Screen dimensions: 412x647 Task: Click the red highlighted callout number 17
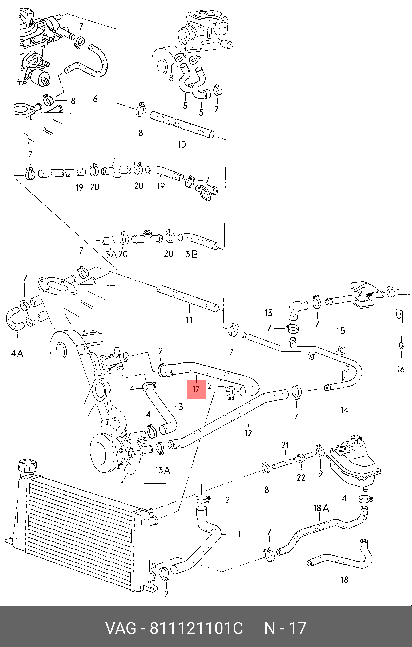(x=196, y=389)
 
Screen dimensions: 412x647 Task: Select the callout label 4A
(x=17, y=353)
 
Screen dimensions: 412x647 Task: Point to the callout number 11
(x=189, y=320)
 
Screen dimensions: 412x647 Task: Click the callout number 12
(x=248, y=433)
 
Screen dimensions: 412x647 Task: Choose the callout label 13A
(x=162, y=470)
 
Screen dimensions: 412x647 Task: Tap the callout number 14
(x=344, y=410)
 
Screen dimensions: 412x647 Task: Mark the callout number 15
(x=341, y=330)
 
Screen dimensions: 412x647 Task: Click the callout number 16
(x=401, y=369)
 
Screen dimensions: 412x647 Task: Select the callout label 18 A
(x=321, y=508)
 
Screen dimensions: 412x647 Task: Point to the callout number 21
(x=285, y=445)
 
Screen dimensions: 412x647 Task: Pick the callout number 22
(x=301, y=477)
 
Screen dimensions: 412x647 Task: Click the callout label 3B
(x=191, y=254)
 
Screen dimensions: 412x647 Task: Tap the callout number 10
(x=182, y=144)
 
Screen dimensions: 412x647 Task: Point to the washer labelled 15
(x=341, y=350)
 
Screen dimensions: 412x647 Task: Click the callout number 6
(x=95, y=99)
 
